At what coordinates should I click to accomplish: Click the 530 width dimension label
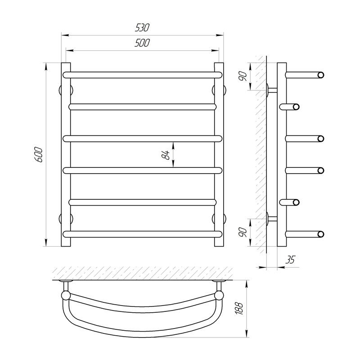142,27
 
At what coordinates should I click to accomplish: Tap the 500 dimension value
142,43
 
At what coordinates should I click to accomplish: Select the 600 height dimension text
39,155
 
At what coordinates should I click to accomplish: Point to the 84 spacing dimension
166,155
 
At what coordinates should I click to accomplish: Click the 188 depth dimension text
239,308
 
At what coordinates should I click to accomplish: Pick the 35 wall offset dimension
290,260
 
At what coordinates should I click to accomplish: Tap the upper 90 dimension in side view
243,76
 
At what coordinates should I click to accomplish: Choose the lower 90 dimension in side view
243,232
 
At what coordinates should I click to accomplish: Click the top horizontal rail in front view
142,75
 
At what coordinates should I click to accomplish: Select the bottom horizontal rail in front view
142,234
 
